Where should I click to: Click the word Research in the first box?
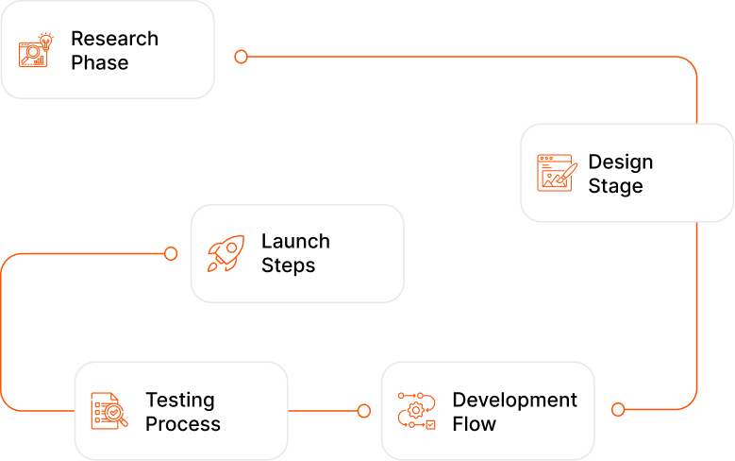tap(114, 39)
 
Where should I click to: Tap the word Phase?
tap(99, 63)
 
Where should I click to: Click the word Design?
tap(620, 162)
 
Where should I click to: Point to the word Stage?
tap(615, 186)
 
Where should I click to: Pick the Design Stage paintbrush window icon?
tap(557, 174)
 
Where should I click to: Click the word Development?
tap(514, 400)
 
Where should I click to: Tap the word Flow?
tap(474, 424)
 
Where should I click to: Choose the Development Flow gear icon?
tap(416, 411)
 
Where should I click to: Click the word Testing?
tap(179, 400)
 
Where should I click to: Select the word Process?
tap(183, 424)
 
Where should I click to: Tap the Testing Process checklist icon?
tap(109, 411)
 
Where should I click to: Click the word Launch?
tap(295, 241)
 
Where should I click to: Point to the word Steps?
tap(288, 265)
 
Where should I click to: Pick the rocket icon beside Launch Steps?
tap(226, 253)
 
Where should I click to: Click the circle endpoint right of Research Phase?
tap(241, 57)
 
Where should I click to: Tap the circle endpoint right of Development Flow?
tap(618, 409)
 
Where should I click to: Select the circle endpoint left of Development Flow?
tap(364, 410)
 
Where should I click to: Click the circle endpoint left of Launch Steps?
tap(171, 253)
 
